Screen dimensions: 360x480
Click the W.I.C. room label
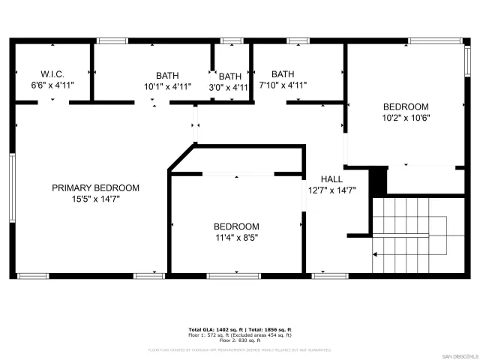pyautogui.click(x=52, y=74)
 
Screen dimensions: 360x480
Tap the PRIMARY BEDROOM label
pyautogui.click(x=95, y=187)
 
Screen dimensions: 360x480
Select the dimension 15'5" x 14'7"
pyautogui.click(x=95, y=199)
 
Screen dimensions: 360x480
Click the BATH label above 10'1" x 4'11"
pyautogui.click(x=168, y=75)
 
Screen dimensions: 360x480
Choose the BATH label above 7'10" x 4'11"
pyautogui.click(x=283, y=74)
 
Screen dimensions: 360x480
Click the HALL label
pyautogui.click(x=331, y=179)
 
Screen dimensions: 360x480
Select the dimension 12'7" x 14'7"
pyautogui.click(x=331, y=190)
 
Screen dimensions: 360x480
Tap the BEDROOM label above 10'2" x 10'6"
pyautogui.click(x=406, y=106)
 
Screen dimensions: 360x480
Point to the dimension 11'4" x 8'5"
pyautogui.click(x=236, y=238)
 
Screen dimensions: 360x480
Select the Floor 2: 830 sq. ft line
pyautogui.click(x=239, y=340)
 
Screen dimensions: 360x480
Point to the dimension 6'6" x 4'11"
pyautogui.click(x=52, y=85)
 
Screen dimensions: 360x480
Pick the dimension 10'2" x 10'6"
pyautogui.click(x=406, y=118)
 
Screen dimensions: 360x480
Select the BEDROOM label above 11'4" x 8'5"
pyautogui.click(x=236, y=226)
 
